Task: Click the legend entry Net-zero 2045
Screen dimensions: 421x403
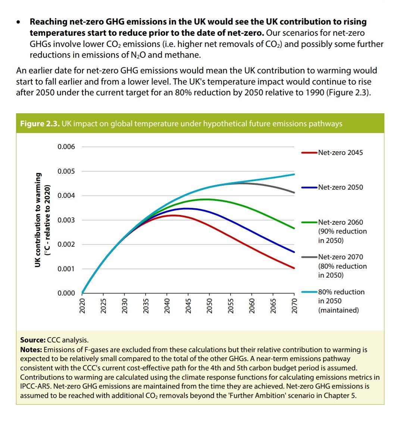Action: pos(340,153)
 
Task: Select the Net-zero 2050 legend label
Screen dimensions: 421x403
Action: pos(340,187)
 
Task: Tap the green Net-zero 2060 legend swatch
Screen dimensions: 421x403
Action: pos(309,222)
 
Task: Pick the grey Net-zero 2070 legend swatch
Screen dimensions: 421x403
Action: pos(309,257)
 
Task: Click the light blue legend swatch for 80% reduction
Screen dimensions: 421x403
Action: pos(309,292)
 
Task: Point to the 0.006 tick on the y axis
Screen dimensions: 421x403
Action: pos(66,147)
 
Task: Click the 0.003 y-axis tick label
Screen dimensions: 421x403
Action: pos(66,220)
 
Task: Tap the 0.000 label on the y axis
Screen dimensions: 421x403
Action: pos(66,293)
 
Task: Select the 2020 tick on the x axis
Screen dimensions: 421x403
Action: pos(82,306)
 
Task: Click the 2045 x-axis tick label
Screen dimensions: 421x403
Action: pos(188,306)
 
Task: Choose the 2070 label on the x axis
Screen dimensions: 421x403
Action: pos(294,306)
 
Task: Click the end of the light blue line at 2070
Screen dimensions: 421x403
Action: pos(294,174)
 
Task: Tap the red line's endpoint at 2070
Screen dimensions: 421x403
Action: pos(294,268)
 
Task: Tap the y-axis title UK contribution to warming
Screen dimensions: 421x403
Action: pos(38,220)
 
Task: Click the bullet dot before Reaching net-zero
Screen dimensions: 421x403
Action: pos(19,23)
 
